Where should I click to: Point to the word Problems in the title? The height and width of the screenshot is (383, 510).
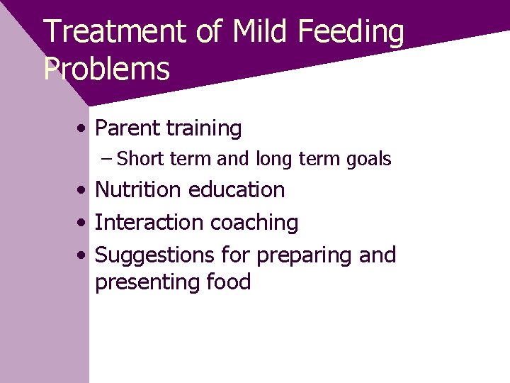click(107, 70)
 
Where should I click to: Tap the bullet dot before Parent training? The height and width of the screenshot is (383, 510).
click(84, 129)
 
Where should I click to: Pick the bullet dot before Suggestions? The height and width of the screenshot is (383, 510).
click(84, 255)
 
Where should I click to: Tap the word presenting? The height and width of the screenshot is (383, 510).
click(146, 283)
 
